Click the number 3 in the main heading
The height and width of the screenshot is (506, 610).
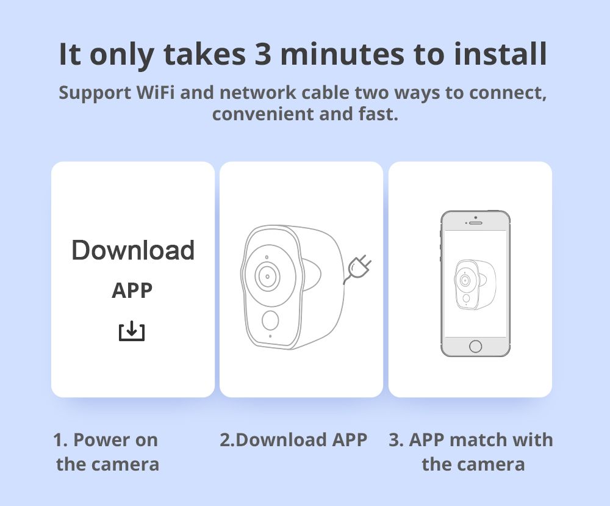point(263,54)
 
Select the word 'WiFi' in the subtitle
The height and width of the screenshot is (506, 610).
point(155,93)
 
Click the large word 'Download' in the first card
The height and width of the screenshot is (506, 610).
point(133,250)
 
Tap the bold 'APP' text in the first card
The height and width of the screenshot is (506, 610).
point(132,291)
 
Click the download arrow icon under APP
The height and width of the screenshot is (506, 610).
point(132,331)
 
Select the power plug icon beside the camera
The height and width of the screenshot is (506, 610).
point(357,269)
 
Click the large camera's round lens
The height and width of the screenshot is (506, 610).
point(267,276)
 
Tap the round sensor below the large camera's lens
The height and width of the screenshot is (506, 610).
point(270,320)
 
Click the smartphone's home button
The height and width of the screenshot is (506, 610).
point(475,346)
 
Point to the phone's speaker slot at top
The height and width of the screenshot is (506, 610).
point(475,223)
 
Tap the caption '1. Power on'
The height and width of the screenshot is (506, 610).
point(106,440)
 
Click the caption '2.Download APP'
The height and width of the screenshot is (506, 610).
point(293,440)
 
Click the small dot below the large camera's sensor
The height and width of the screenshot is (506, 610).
point(270,336)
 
